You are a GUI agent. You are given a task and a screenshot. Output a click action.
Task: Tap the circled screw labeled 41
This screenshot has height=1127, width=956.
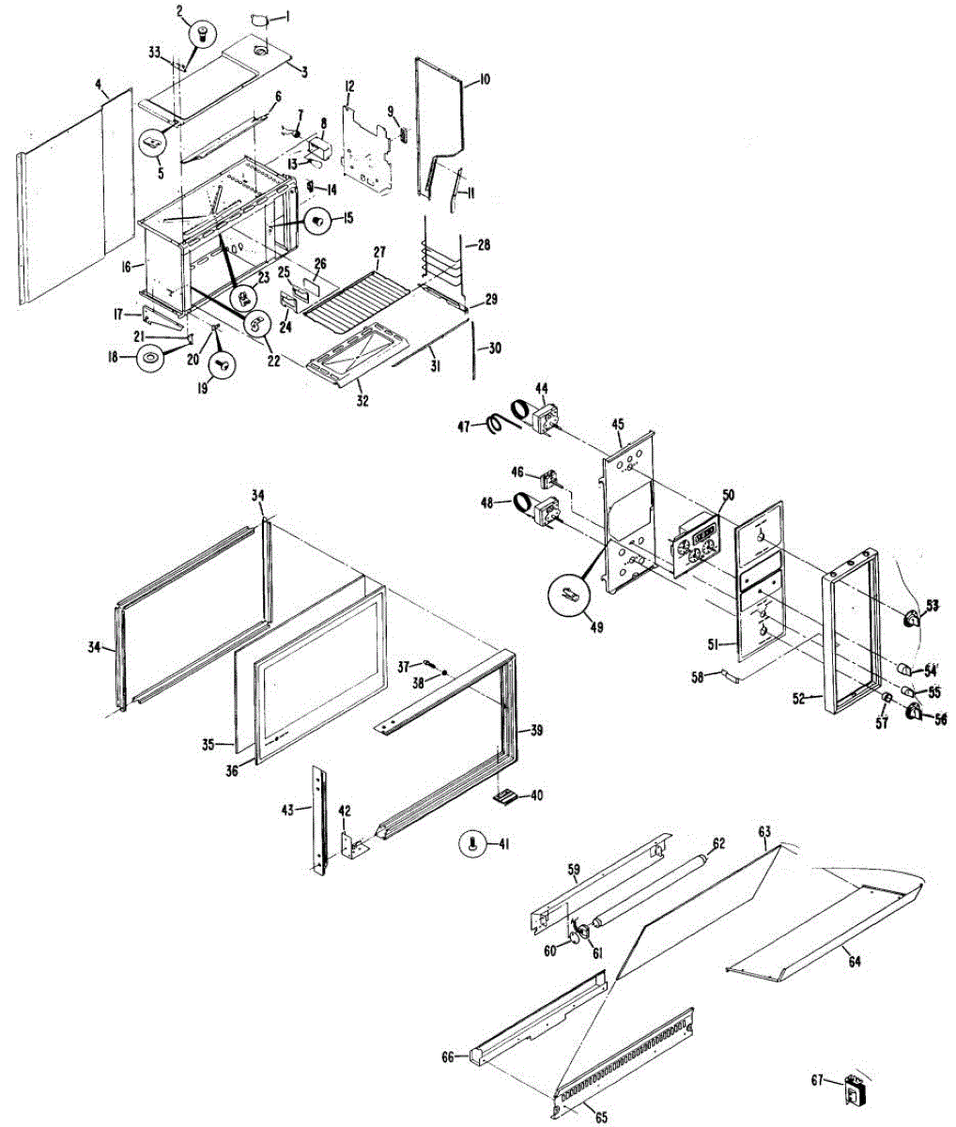(472, 843)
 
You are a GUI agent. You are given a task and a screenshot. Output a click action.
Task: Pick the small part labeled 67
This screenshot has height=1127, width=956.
(856, 1090)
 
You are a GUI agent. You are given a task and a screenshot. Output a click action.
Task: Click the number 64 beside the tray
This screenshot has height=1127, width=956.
(855, 961)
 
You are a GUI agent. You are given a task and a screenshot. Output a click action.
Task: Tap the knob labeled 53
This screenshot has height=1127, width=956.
(910, 617)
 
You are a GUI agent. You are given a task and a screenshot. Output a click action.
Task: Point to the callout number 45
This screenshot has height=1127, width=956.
(618, 425)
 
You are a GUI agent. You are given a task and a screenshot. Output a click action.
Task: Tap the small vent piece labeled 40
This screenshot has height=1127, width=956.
(505, 796)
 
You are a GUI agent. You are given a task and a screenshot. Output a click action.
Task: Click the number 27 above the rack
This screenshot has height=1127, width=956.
(379, 253)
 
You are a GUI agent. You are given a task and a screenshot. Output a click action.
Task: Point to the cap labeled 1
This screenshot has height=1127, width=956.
(260, 20)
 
